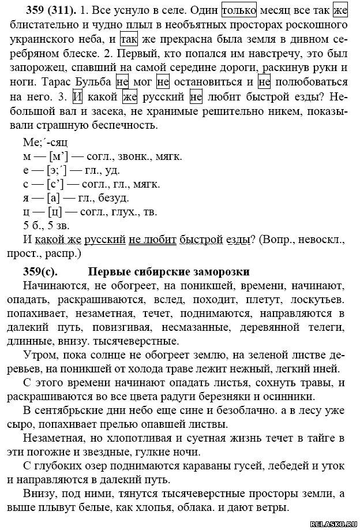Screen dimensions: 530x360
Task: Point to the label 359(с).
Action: (38, 271)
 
